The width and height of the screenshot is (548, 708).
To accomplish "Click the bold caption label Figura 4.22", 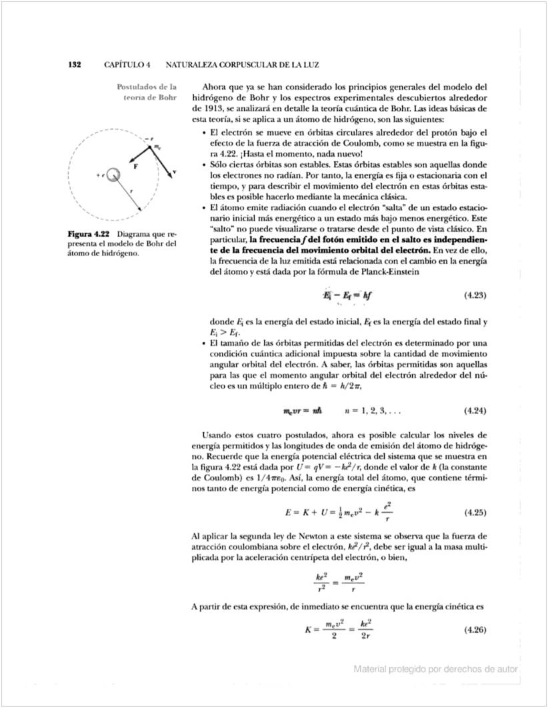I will pos(89,235).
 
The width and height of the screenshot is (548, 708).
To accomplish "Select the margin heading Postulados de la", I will pos(146,87).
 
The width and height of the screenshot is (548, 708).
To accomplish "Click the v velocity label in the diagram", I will pos(174,171).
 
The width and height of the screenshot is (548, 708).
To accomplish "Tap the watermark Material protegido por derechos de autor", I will pos(435,669).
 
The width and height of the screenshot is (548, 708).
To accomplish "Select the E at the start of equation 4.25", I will pos(287,513).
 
